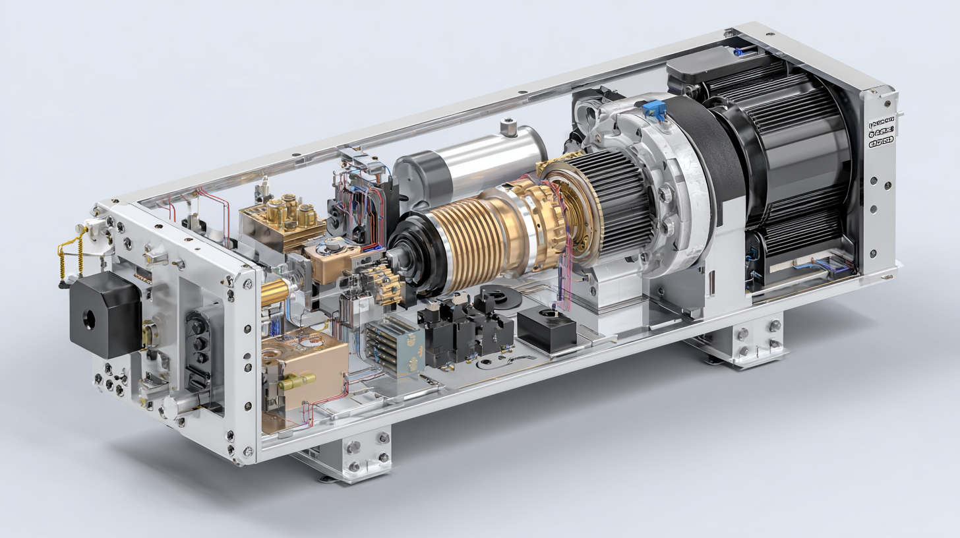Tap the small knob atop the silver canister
tap(507, 125)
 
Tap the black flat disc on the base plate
tap(502, 297)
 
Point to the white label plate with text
tap(881, 132)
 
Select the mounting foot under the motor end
tap(752, 340)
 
